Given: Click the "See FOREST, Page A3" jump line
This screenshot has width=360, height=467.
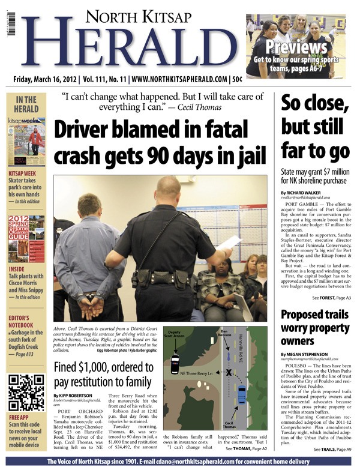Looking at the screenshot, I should [332, 298].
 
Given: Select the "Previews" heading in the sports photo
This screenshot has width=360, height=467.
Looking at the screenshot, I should [297, 47].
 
